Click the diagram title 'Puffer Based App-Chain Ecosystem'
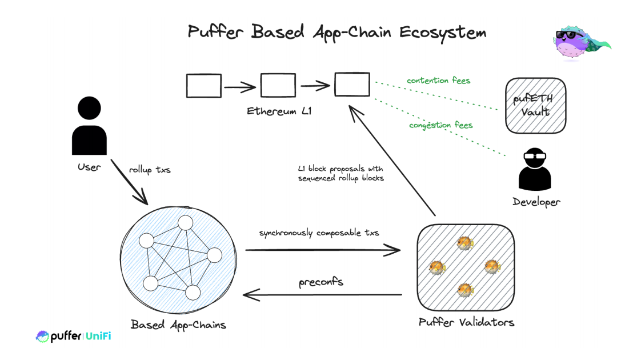click(x=336, y=32)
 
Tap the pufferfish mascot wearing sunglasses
click(x=578, y=43)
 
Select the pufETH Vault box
click(x=535, y=106)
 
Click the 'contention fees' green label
click(x=438, y=81)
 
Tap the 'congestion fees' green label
click(x=440, y=125)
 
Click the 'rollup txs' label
click(x=150, y=170)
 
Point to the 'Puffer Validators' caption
click(x=466, y=322)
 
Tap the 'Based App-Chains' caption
click(x=178, y=325)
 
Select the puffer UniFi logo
click(x=73, y=336)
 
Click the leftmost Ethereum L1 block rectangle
click(x=204, y=86)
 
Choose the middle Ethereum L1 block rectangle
click(x=278, y=86)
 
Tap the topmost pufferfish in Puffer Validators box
click(x=464, y=243)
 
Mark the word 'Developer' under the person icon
click(x=536, y=202)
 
